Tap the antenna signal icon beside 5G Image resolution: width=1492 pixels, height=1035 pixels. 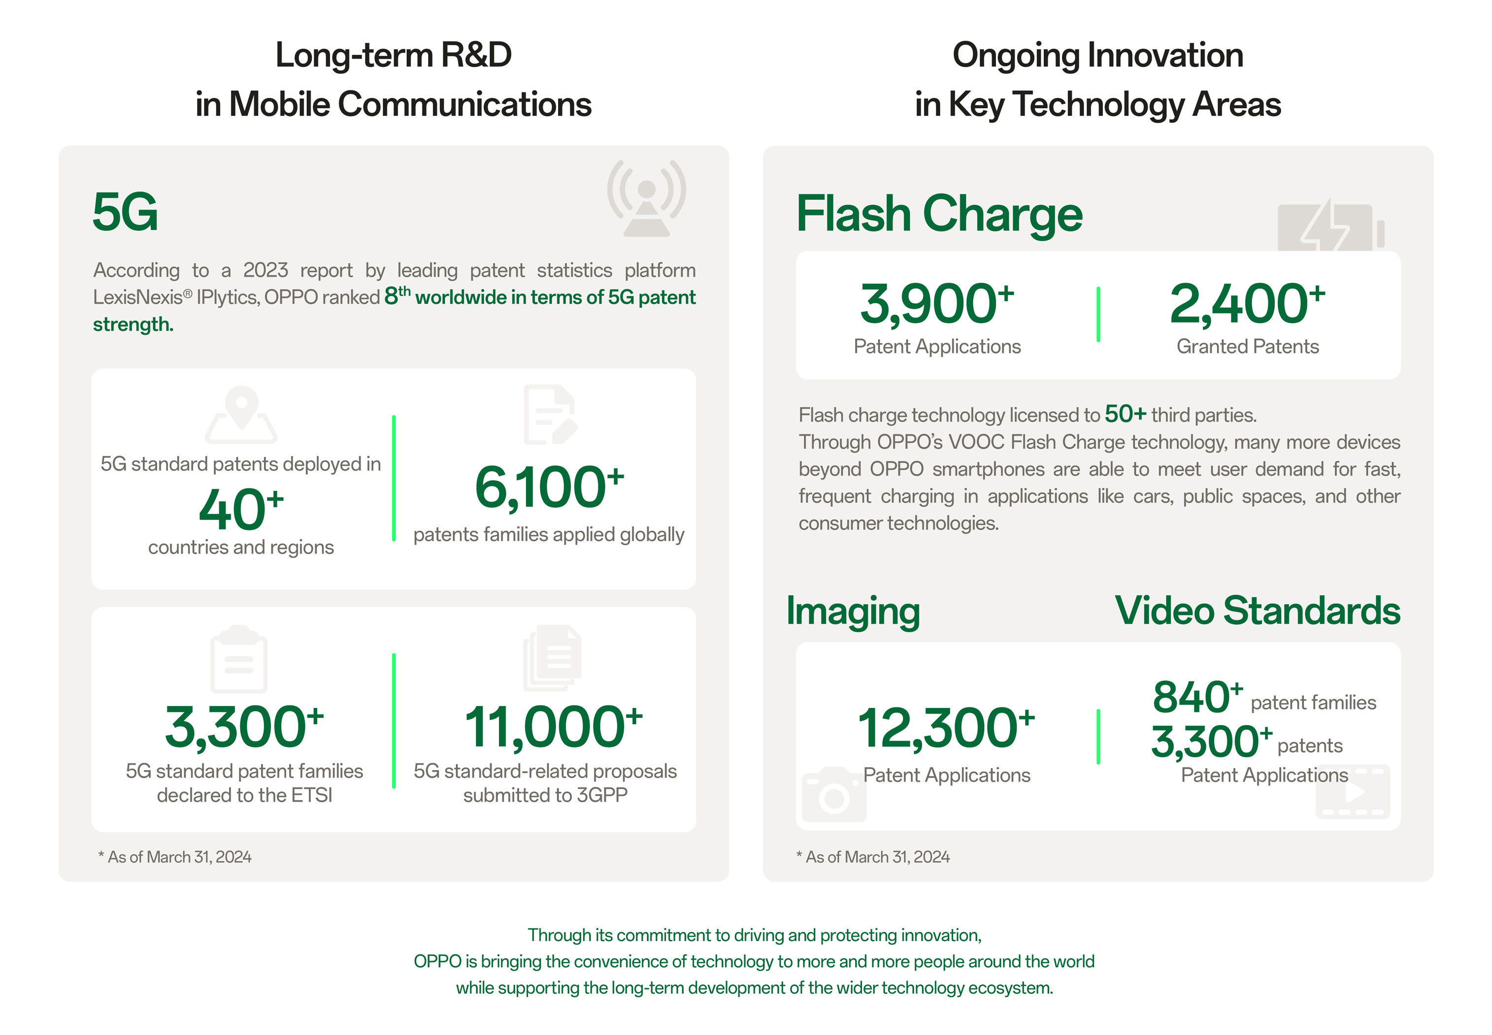click(x=646, y=198)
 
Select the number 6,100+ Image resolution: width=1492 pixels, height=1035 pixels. click(x=549, y=487)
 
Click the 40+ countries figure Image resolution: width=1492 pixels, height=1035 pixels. click(x=241, y=509)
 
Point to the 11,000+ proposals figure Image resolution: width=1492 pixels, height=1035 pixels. click(x=553, y=727)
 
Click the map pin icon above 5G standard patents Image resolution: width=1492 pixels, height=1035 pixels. click(x=241, y=415)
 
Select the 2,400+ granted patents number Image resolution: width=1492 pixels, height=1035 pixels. click(x=1247, y=303)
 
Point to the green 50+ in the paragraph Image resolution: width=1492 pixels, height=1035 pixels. click(x=1126, y=413)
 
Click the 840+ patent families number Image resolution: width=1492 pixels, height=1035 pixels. click(x=1197, y=697)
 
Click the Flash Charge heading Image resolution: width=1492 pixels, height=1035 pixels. click(x=939, y=214)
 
